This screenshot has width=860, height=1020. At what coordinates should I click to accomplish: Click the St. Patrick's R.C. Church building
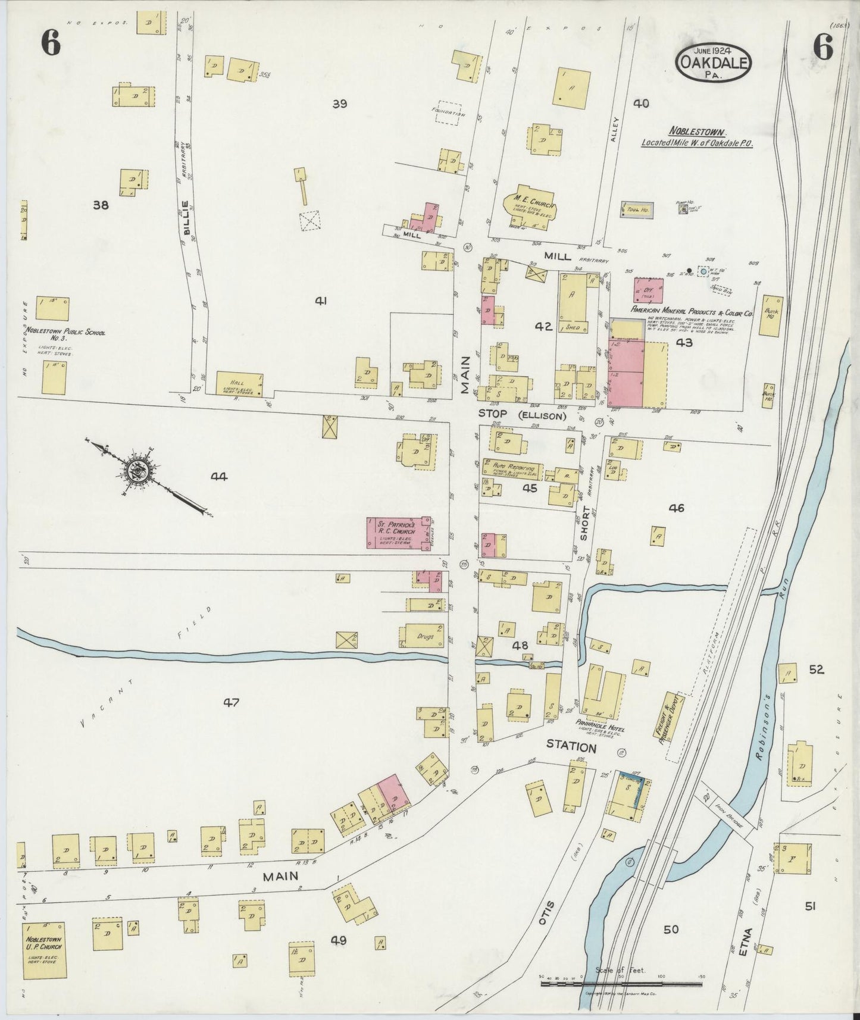(x=398, y=533)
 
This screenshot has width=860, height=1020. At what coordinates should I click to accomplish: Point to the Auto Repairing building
(x=512, y=470)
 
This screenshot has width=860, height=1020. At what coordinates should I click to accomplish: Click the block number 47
(x=231, y=703)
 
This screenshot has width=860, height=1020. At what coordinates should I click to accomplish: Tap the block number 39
(x=340, y=104)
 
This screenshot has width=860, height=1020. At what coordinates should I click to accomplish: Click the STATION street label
(x=571, y=747)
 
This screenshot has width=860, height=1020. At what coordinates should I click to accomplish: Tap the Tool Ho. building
(x=636, y=209)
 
